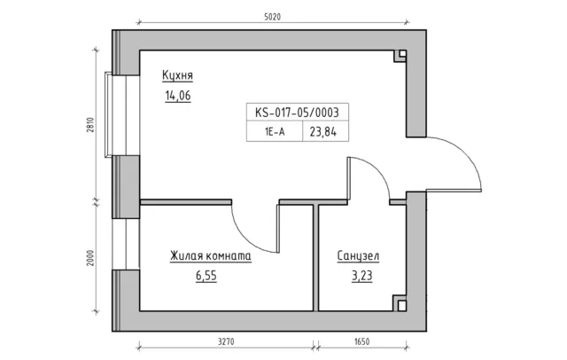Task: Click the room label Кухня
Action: [177, 75]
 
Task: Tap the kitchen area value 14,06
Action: [177, 96]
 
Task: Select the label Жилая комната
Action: [211, 255]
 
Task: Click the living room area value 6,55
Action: [206, 276]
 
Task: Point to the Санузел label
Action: [358, 255]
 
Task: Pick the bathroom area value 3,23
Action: [361, 276]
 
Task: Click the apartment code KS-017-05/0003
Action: [298, 112]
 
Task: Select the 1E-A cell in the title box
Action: [275, 132]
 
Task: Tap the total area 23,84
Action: [322, 132]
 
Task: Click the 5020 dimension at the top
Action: [272, 17]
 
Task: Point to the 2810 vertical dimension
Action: [90, 125]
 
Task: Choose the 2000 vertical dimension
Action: [90, 258]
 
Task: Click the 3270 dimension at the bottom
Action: [226, 341]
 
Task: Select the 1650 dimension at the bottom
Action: [361, 341]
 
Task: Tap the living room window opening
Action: [126, 244]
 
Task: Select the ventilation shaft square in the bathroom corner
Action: [401, 306]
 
